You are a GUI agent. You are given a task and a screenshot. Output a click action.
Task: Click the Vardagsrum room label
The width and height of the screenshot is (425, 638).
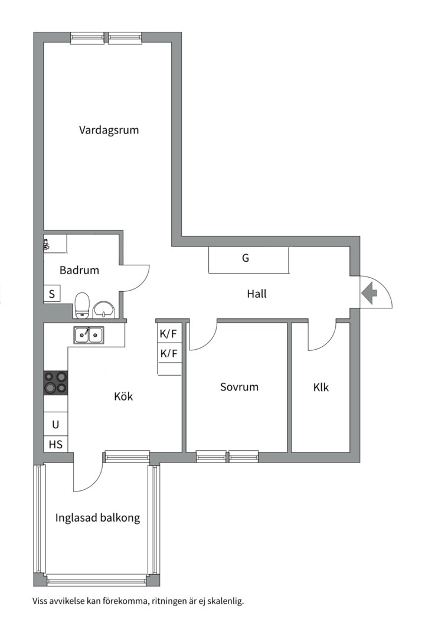(109, 130)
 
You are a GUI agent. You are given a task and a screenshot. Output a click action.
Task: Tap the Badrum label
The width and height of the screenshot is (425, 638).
(79, 271)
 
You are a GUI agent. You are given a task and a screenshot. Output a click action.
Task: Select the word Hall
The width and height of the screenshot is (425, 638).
(257, 293)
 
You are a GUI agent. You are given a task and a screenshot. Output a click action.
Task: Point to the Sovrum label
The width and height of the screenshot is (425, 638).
(239, 388)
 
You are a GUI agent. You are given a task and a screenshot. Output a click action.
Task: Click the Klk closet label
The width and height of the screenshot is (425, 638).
(321, 388)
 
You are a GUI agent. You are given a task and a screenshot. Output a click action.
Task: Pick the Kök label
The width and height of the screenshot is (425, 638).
(123, 396)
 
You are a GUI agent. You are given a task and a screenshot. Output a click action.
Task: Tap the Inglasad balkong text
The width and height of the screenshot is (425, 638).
(97, 518)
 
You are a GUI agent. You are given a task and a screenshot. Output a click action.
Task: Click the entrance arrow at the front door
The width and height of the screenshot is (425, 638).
(370, 292)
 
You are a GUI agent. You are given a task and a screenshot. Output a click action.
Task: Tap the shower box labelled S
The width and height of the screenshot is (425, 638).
(52, 294)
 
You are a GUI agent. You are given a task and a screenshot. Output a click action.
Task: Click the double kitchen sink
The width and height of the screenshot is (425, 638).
(89, 335)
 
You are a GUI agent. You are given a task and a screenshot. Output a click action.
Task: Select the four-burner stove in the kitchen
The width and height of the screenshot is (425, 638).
(55, 382)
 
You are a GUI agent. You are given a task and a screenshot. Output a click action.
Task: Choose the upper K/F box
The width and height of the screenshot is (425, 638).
(169, 334)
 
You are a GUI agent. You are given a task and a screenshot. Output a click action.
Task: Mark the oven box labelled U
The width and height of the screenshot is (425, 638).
(55, 424)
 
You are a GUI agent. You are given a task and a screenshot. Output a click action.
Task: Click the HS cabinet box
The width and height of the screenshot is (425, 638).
(55, 444)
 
